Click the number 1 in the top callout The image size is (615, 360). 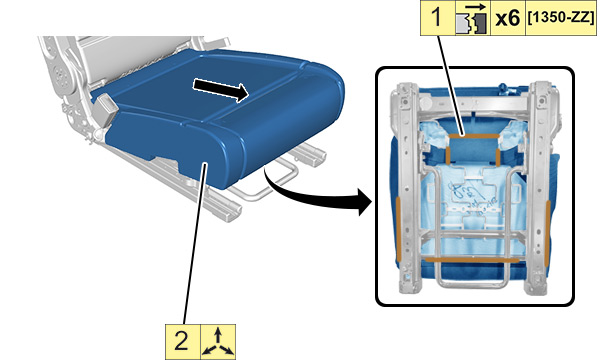pos(437,18)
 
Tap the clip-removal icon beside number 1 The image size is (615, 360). pos(473,18)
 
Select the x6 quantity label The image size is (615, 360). pos(508,18)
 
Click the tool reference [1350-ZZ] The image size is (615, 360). pos(561,18)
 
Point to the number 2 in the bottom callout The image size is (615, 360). pos(181,341)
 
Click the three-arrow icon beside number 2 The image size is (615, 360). pos(218,342)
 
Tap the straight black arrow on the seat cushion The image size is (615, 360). pos(221,89)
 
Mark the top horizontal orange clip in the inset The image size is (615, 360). pos(474,136)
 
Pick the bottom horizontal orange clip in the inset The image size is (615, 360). pos(472,260)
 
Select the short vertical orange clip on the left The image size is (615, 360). pos(448,156)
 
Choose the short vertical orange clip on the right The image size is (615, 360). pos(498,156)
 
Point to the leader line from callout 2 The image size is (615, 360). pos(195,244)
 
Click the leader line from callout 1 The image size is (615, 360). pos(451,85)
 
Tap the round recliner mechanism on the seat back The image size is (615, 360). pos(60,72)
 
